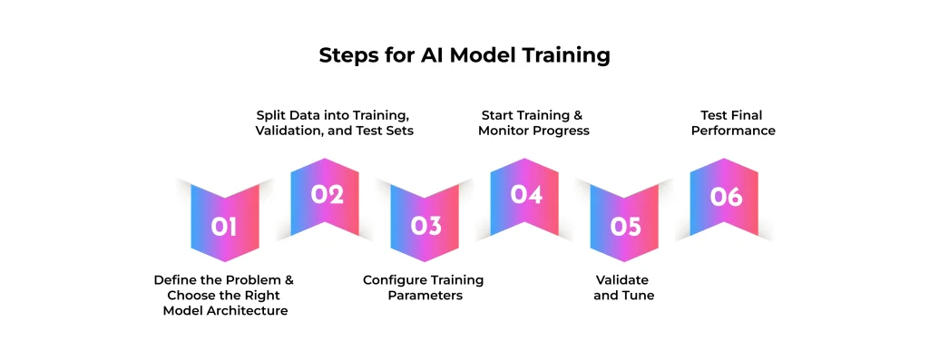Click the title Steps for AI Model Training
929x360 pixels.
coord(464,55)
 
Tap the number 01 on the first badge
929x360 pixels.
coord(225,226)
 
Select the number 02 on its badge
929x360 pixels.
coord(328,194)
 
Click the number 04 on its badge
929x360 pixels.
coord(527,194)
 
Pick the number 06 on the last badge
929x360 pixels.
coord(727,196)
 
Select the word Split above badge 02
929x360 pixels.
coord(269,115)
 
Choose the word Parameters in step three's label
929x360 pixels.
coord(425,295)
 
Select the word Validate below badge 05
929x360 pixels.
coord(622,279)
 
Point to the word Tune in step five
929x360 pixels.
coord(640,295)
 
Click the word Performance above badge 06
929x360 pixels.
coord(733,131)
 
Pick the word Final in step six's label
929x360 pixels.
coord(749,115)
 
